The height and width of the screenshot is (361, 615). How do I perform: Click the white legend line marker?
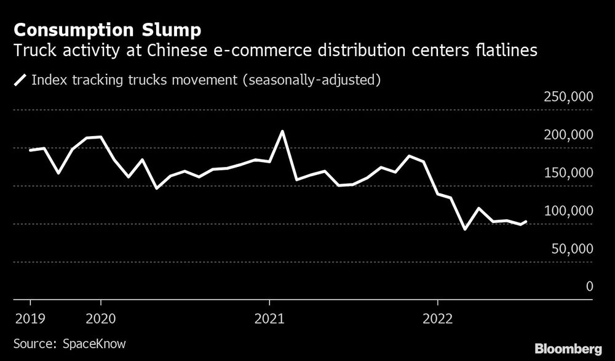(x=20, y=80)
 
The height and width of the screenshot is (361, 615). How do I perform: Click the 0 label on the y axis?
(x=589, y=287)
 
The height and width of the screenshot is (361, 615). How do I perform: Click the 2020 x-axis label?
(x=101, y=318)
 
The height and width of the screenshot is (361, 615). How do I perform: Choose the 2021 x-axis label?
(x=269, y=318)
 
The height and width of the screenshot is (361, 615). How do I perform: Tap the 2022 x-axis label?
(x=437, y=318)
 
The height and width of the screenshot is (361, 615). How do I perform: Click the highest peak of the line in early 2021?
(x=282, y=131)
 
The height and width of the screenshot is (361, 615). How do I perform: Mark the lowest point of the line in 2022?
(x=465, y=229)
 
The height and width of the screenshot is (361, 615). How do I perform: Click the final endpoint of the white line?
(x=526, y=221)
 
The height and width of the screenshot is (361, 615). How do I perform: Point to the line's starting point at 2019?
(x=30, y=150)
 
